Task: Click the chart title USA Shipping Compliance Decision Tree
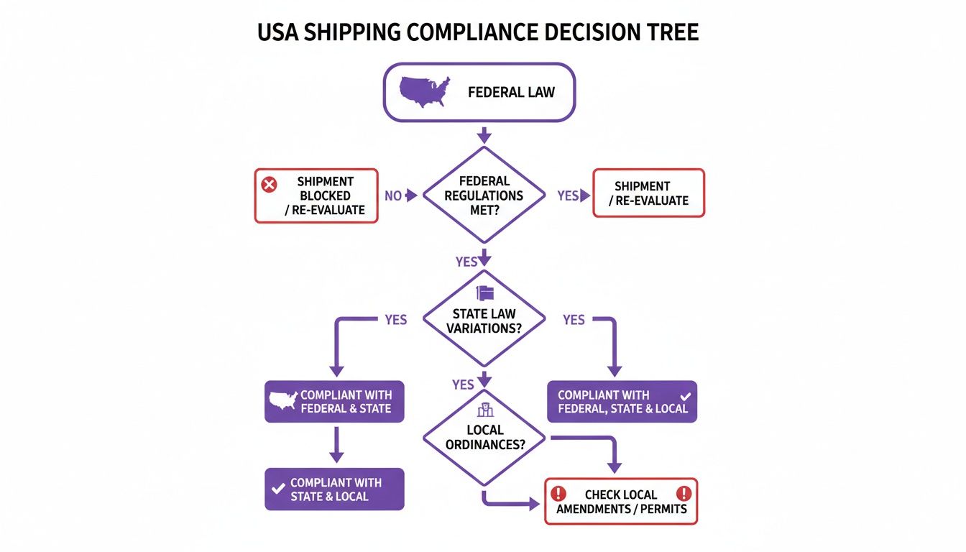click(478, 34)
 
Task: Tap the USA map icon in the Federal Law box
click(424, 92)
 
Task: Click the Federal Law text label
click(511, 92)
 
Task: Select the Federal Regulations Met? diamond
click(484, 195)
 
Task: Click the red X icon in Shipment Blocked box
click(269, 185)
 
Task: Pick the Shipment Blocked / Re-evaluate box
click(316, 195)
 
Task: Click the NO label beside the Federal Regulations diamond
click(393, 195)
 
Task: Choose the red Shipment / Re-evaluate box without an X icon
click(648, 193)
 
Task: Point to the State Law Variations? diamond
click(484, 318)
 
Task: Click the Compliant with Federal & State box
click(334, 401)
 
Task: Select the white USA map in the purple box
click(282, 401)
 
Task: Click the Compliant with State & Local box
click(334, 489)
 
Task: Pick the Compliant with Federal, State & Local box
click(622, 401)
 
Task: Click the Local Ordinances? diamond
click(484, 437)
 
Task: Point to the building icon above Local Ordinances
click(484, 410)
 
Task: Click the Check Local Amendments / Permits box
click(621, 501)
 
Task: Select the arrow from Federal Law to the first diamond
click(484, 134)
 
